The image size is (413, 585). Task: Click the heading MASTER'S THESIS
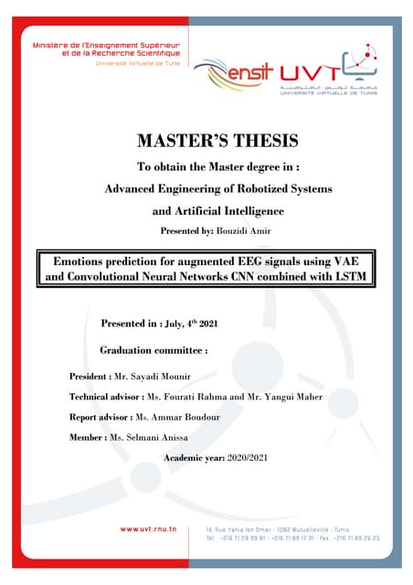pos(206,142)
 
